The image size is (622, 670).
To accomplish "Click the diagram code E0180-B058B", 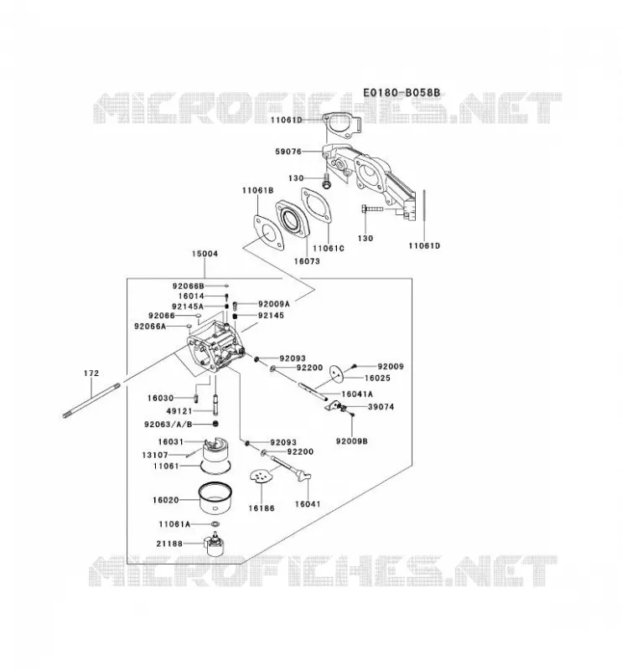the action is click(x=402, y=93).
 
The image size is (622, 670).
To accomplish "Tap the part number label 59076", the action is click(x=288, y=152).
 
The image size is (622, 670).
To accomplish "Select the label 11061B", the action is click(x=257, y=190).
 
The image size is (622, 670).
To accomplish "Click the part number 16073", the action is click(x=307, y=260).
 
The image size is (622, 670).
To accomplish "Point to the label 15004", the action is click(x=205, y=254).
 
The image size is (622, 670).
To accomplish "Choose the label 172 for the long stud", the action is click(x=91, y=373).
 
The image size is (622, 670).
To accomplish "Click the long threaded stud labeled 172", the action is click(x=91, y=400).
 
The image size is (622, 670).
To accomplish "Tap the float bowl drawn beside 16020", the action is click(x=215, y=497).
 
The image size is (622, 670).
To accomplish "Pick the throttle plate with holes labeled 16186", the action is click(x=260, y=476).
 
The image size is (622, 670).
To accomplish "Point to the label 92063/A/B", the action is click(x=168, y=425).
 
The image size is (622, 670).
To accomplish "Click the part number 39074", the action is click(x=381, y=407).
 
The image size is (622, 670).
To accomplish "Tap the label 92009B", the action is click(x=351, y=441).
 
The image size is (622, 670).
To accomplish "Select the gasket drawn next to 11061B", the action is click(x=268, y=233).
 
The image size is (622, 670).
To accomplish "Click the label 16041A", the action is click(x=357, y=394).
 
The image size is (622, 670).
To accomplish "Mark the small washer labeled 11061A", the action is click(x=215, y=524).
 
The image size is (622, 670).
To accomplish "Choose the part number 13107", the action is click(x=155, y=455).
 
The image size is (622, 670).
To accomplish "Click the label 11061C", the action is click(x=329, y=248).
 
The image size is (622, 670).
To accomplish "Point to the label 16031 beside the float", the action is click(x=171, y=442).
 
